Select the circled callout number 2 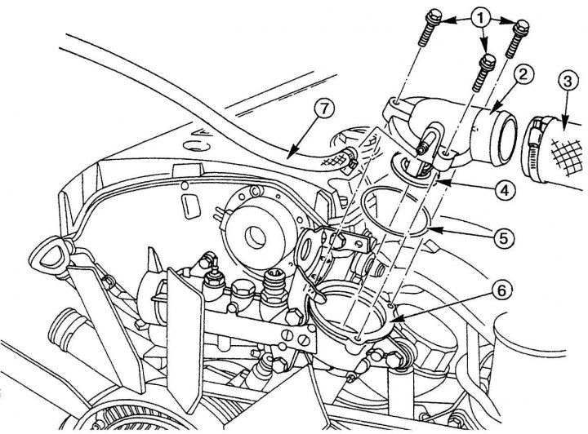click(x=523, y=76)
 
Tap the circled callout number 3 click(x=568, y=82)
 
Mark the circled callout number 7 click(x=324, y=110)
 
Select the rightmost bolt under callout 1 click(x=517, y=38)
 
